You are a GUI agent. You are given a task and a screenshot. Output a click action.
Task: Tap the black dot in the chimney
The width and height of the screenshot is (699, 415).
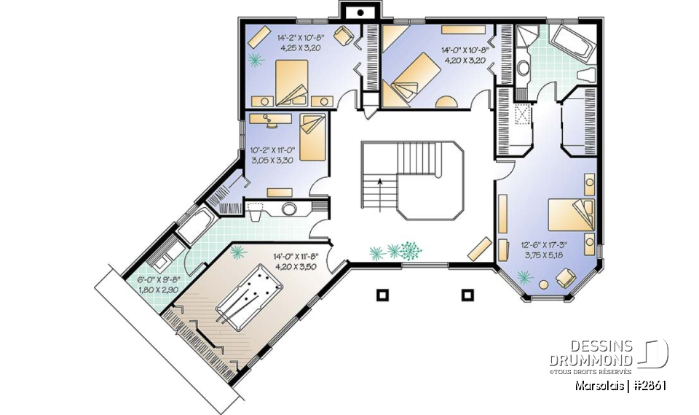pos(360,13)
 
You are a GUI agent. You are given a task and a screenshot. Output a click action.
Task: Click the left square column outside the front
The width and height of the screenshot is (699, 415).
pos(381,295)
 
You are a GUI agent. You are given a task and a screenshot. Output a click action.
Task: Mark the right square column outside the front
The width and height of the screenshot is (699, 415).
pos(467,295)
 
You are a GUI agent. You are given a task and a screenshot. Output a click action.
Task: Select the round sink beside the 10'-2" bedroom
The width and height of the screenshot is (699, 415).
pos(289,209)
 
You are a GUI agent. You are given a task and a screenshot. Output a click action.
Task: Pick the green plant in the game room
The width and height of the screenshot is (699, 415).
pos(237,252)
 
